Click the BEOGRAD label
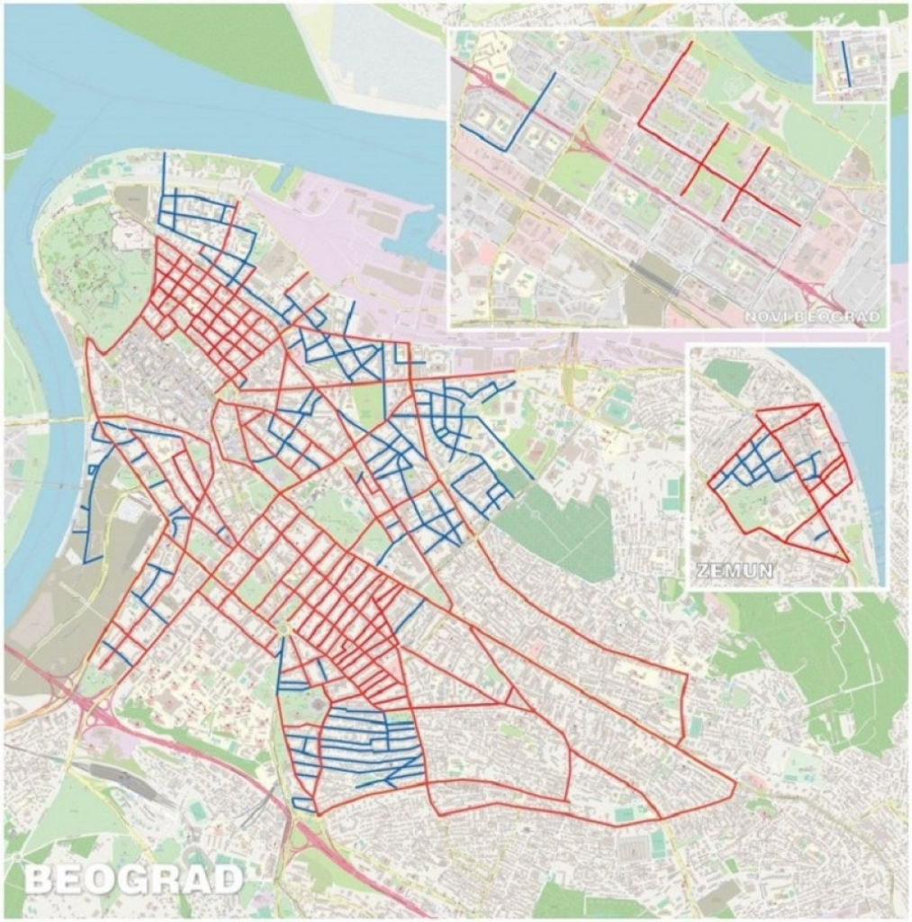[x=133, y=879]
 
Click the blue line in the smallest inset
[x=845, y=64]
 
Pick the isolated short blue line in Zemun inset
[x=821, y=536]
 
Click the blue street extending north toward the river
[x=164, y=176]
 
